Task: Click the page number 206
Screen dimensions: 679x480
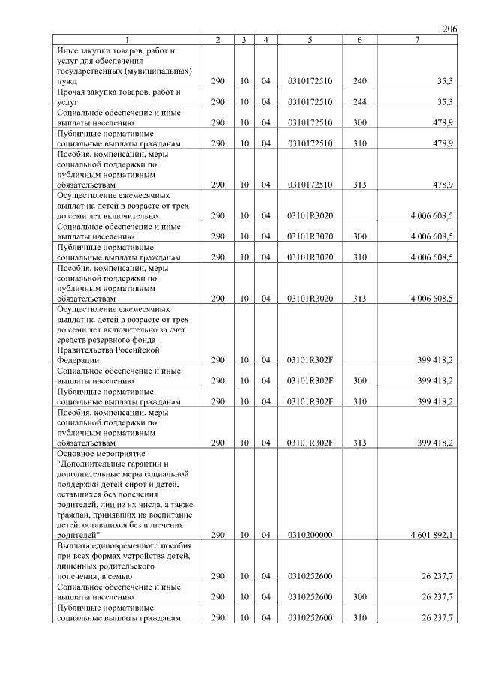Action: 449,29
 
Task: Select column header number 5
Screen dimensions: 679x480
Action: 310,39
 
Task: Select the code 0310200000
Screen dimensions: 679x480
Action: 310,536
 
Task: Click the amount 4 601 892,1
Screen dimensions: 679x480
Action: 431,536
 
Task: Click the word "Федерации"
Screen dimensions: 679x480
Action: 78,359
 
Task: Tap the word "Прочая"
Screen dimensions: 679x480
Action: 72,91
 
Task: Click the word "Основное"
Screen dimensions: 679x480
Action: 76,453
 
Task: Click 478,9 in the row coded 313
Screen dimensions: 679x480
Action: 441,184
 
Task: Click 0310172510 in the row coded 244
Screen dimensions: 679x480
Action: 310,101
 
